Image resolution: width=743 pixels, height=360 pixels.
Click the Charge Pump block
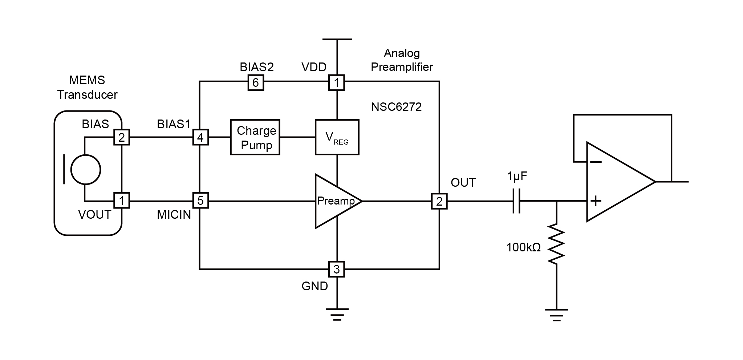[255, 137]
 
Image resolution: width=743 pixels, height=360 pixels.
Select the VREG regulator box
[337, 137]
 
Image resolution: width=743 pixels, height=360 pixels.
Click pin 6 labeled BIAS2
[256, 83]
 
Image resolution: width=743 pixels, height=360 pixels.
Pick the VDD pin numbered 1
[337, 83]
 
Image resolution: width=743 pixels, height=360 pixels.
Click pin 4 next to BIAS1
[200, 138]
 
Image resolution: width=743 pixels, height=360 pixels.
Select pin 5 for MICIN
[200, 201]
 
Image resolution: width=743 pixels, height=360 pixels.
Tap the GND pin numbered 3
[337, 269]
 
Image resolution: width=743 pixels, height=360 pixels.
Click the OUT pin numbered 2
[439, 201]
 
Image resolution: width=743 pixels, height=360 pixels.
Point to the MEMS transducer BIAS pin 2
[122, 137]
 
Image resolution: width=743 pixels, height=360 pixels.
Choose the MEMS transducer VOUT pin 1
[122, 201]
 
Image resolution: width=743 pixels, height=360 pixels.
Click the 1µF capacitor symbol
[516, 201]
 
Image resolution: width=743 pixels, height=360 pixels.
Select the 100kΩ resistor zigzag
[556, 243]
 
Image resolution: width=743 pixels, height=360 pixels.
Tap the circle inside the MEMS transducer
[85, 169]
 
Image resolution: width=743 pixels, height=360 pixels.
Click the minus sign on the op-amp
[596, 162]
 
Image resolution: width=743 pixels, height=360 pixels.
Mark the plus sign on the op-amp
[596, 201]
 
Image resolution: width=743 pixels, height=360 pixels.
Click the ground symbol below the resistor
[556, 315]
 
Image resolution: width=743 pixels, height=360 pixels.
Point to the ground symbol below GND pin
[337, 314]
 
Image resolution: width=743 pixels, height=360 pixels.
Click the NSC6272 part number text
[396, 107]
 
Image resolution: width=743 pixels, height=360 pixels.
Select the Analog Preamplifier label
[402, 60]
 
